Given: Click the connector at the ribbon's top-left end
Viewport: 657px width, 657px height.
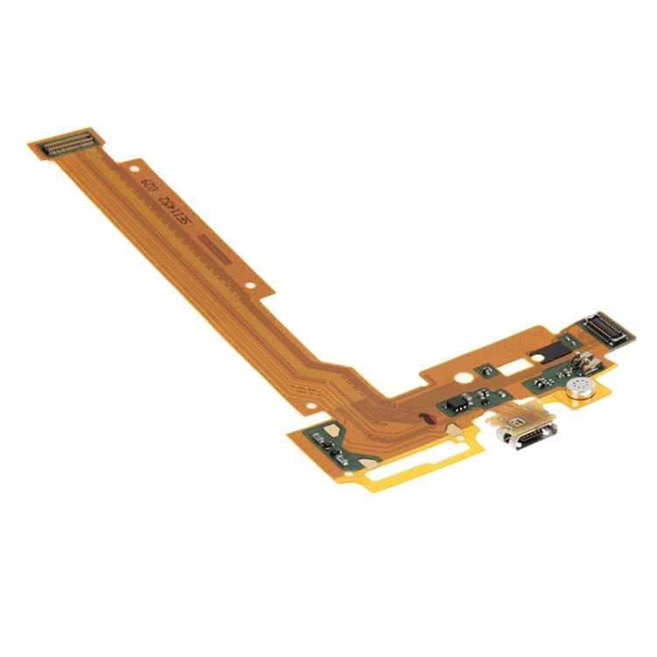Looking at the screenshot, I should [66, 144].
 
